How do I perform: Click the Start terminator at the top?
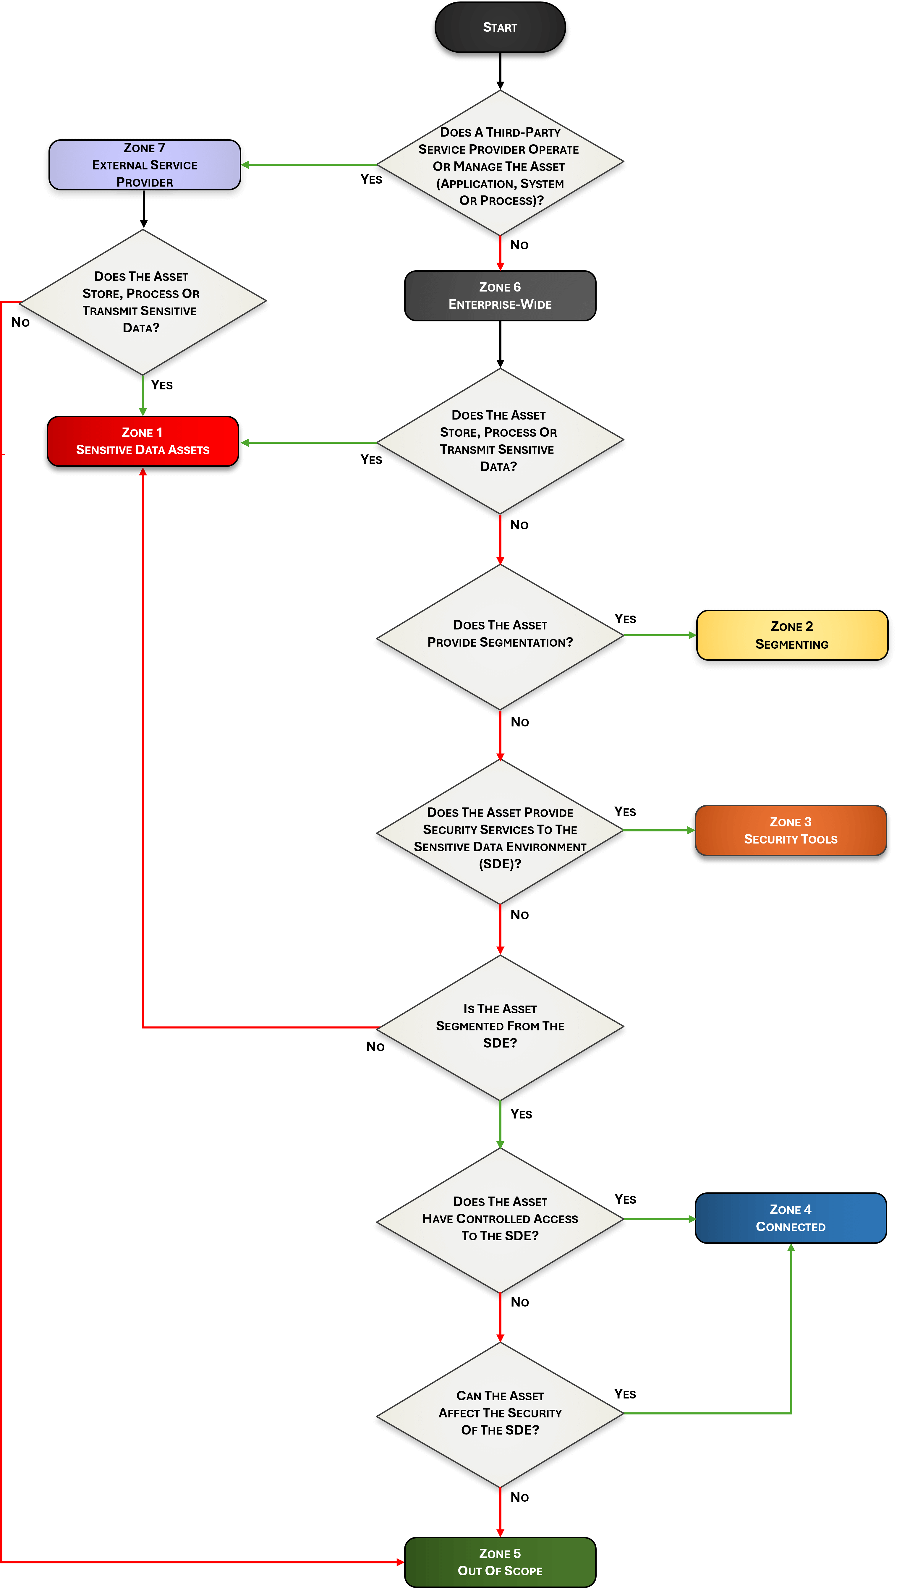click(500, 27)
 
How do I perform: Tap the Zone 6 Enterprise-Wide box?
click(500, 296)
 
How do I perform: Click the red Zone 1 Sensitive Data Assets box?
click(143, 441)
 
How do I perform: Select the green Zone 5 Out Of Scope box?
click(500, 1562)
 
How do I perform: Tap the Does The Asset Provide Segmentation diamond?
click(500, 635)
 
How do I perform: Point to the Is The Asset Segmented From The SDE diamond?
click(500, 1027)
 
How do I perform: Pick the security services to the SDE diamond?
click(500, 832)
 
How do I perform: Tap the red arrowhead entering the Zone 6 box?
click(500, 266)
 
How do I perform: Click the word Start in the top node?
click(500, 27)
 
